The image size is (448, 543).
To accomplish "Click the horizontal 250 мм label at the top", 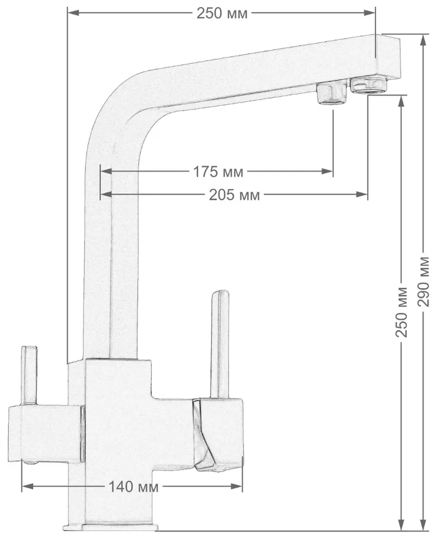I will pyautogui.click(x=222, y=13).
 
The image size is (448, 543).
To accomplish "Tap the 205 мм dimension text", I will pyautogui.click(x=234, y=194).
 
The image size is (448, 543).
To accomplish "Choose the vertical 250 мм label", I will pyautogui.click(x=402, y=311).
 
